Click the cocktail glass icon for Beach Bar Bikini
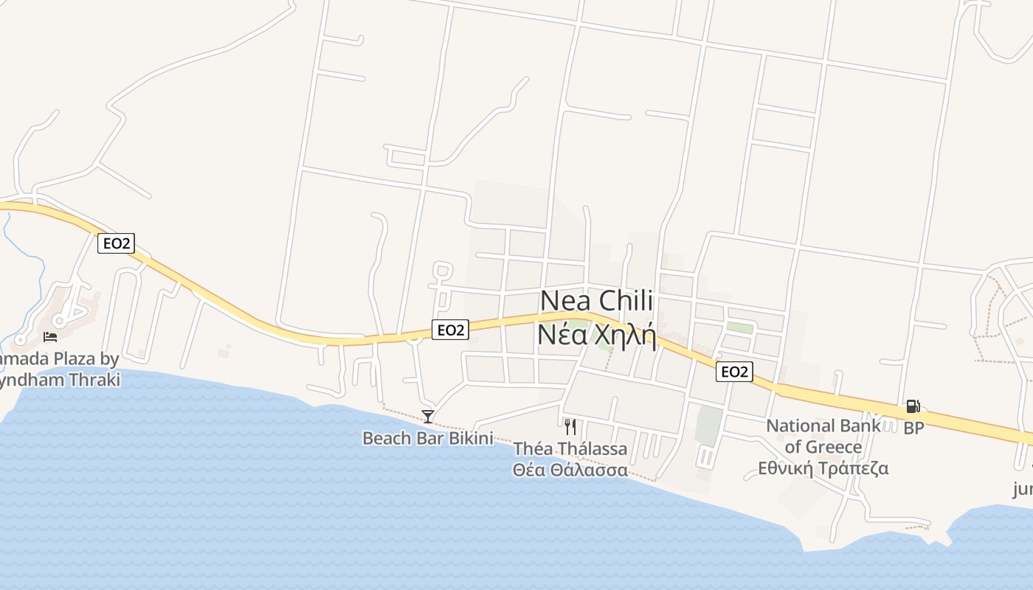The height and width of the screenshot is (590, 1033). pyautogui.click(x=427, y=416)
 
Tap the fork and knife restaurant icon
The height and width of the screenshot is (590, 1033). pyautogui.click(x=570, y=427)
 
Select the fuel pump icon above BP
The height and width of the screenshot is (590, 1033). pyautogui.click(x=913, y=406)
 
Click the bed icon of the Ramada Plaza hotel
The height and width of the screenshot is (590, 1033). pyautogui.click(x=50, y=337)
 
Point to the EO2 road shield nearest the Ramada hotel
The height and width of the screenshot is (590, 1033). pyautogui.click(x=117, y=243)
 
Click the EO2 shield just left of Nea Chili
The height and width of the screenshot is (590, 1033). pyautogui.click(x=449, y=330)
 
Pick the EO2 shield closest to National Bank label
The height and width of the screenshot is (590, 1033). pyautogui.click(x=733, y=372)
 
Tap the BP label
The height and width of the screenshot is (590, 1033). pyautogui.click(x=913, y=428)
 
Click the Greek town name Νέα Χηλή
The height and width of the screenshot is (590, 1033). pyautogui.click(x=596, y=334)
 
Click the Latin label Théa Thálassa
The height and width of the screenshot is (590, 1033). pyautogui.click(x=570, y=448)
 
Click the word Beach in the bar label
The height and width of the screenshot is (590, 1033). pyautogui.click(x=386, y=438)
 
